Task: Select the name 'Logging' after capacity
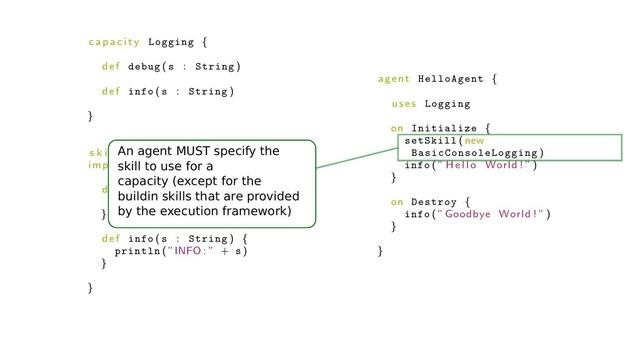click(x=169, y=42)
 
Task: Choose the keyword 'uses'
click(x=404, y=103)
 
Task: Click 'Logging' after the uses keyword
click(x=447, y=103)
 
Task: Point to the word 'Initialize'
click(x=444, y=128)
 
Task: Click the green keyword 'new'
click(x=474, y=141)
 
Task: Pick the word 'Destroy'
click(x=433, y=202)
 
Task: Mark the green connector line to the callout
click(x=356, y=165)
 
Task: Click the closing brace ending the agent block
click(x=381, y=251)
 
